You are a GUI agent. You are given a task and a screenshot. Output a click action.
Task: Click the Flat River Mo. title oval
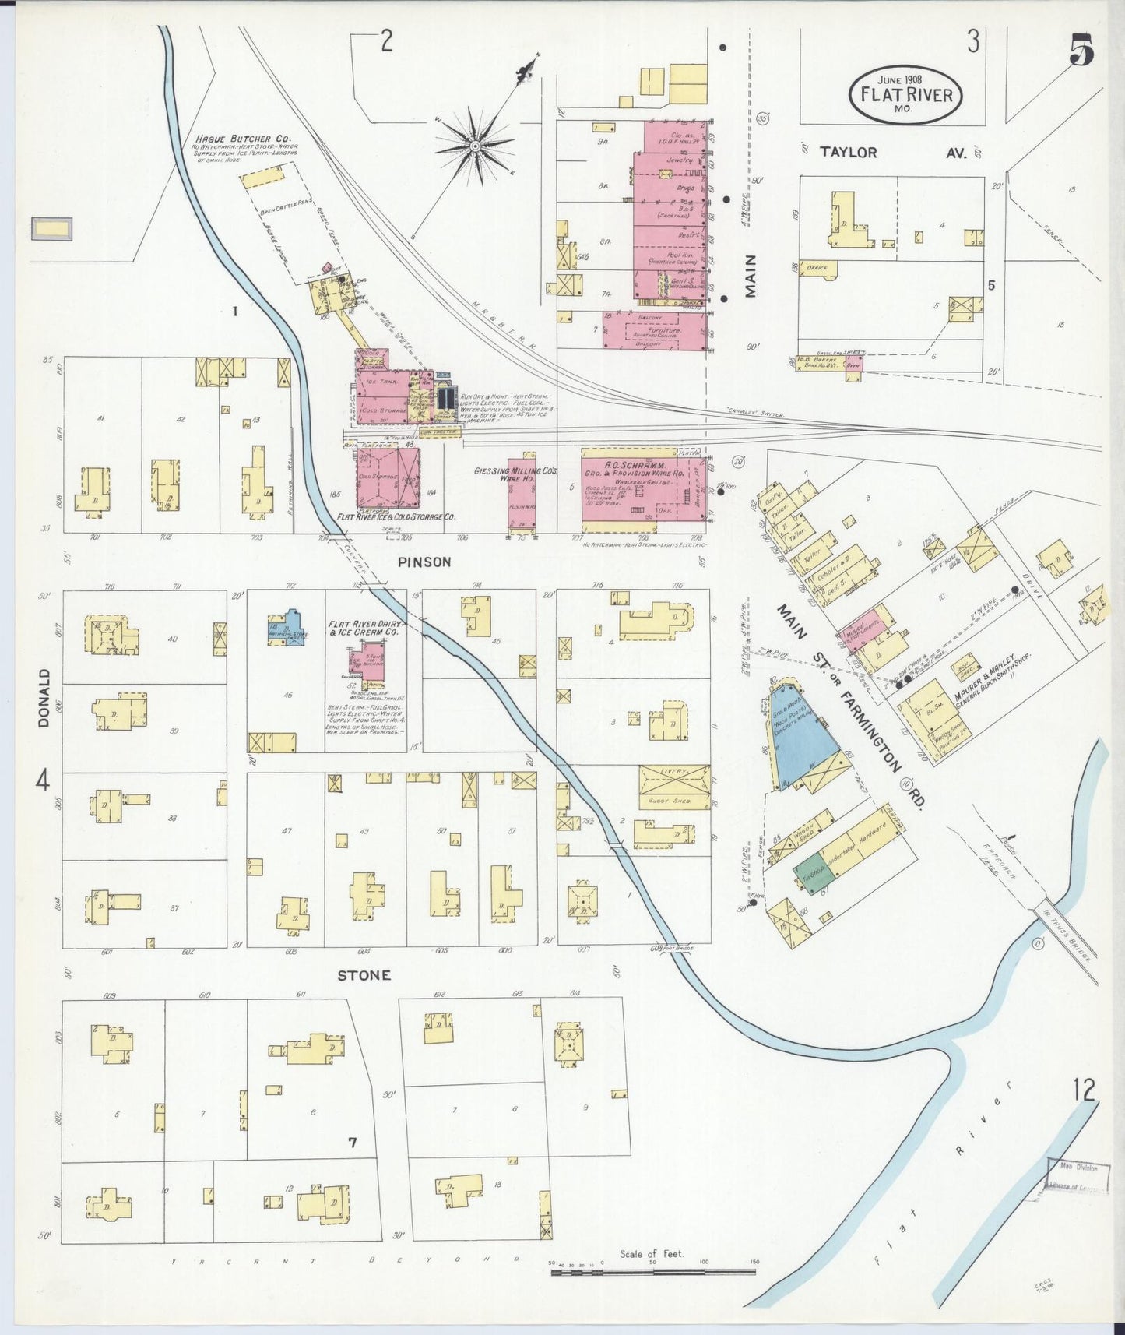point(905,94)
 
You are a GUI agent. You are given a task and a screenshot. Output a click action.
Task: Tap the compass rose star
point(474,144)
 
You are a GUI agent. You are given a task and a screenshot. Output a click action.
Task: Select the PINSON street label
point(425,562)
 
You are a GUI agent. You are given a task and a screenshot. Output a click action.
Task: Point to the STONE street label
point(364,975)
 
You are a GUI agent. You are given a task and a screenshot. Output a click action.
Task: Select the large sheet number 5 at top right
point(1081,53)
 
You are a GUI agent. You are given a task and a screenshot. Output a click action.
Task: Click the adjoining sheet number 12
point(1085,1090)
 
